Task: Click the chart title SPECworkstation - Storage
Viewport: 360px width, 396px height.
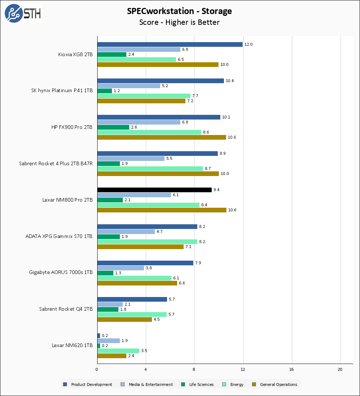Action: pos(179,11)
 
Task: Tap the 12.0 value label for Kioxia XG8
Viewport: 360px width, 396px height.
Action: pos(248,44)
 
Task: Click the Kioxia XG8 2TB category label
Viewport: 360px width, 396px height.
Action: pos(75,55)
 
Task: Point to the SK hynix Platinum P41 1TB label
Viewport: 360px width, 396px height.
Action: pos(62,91)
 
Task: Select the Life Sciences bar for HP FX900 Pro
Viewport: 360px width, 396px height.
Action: pos(113,127)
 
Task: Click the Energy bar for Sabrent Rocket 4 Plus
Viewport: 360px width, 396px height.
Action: pos(150,168)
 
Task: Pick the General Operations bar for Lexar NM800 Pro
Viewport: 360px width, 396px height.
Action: pos(162,210)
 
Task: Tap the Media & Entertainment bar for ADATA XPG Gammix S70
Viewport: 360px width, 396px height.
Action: pos(126,231)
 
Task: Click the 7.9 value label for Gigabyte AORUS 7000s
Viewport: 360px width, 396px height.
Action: pos(198,263)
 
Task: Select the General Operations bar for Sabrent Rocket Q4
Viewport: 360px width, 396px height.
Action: pos(124,319)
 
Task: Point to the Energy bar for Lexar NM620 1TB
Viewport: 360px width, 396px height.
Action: pos(118,351)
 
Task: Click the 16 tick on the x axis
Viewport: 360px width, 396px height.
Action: pos(292,369)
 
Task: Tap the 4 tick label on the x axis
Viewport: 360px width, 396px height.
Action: pos(145,369)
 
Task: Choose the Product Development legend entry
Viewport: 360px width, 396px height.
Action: pos(88,384)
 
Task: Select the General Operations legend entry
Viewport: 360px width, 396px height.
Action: pos(275,384)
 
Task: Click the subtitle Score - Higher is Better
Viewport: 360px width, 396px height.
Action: pos(179,22)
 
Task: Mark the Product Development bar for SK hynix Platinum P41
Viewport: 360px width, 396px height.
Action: pos(160,81)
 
